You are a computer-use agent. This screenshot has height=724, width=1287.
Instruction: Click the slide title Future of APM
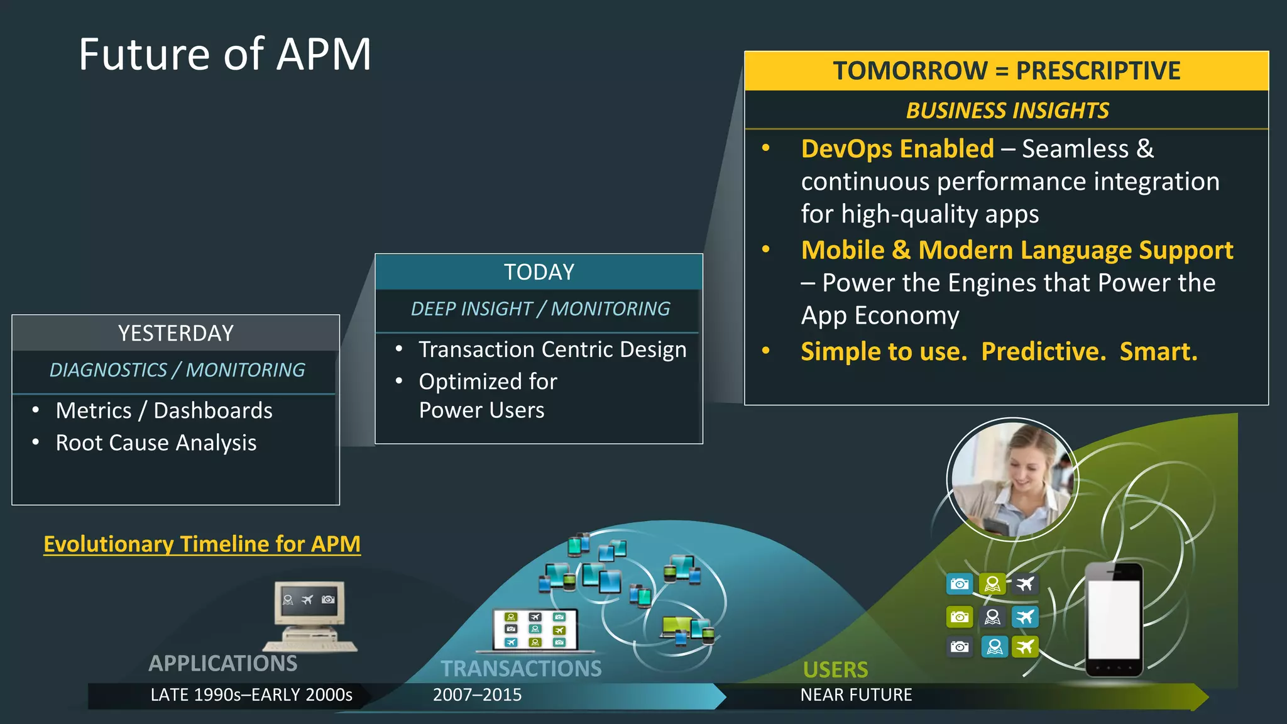pos(225,55)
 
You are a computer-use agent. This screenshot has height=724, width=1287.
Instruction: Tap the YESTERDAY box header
pos(176,333)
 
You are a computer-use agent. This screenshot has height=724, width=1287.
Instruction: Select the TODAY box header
pos(539,272)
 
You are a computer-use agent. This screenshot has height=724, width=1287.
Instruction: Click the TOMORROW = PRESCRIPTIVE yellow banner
pos(1006,70)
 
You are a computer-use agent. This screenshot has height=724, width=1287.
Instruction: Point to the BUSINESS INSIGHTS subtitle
pos(1007,111)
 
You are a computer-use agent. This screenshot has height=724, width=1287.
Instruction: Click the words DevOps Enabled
pos(897,149)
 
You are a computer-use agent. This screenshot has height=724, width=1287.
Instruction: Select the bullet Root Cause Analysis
pos(156,443)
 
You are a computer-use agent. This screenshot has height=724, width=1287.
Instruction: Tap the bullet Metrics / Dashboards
pos(164,410)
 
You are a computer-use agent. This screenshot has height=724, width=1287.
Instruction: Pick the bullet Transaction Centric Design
pos(552,349)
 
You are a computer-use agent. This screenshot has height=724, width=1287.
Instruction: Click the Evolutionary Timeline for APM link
pos(202,544)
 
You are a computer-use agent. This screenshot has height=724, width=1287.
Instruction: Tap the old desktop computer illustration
pos(310,616)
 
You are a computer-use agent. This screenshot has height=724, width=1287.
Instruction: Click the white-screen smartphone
pos(1114,619)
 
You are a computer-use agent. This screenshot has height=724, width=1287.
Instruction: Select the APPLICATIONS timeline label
pos(222,663)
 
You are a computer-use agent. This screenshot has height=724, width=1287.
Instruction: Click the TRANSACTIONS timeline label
pos(521,668)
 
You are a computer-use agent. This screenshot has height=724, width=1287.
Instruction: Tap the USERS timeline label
pos(835,669)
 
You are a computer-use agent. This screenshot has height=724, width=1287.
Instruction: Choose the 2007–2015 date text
pos(477,695)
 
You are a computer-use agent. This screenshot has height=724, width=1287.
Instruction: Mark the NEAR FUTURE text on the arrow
pos(856,695)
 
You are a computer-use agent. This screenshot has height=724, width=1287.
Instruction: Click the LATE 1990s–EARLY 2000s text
pos(251,695)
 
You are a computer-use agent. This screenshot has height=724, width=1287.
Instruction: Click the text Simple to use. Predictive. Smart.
pos(999,351)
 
